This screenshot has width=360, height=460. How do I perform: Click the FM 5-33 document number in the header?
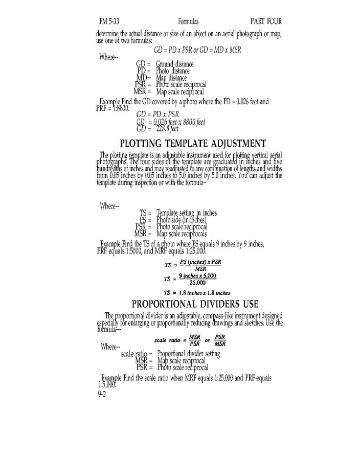tap(109, 21)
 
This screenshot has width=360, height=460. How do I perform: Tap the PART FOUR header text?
tap(266, 21)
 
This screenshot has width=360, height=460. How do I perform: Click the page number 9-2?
tap(102, 394)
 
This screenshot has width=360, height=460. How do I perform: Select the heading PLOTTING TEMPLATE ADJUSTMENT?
tap(193, 144)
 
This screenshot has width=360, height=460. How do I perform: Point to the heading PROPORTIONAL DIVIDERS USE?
tap(195, 304)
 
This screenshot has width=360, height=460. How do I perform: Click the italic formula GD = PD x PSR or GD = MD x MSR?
tap(197, 50)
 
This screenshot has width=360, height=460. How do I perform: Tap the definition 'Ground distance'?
tap(174, 64)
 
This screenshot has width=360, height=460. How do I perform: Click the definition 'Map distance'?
tap(171, 78)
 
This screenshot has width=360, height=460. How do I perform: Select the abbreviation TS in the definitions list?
tap(143, 213)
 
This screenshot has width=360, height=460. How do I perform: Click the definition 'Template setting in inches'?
tap(187, 213)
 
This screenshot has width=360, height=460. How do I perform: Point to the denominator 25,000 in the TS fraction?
tap(197, 283)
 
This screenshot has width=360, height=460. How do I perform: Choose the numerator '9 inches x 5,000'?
tap(197, 276)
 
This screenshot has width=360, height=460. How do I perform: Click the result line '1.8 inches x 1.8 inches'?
tap(205, 293)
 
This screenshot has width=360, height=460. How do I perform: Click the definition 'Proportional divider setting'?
tap(189, 354)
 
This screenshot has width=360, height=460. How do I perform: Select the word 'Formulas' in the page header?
tap(188, 21)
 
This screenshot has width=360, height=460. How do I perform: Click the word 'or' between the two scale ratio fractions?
tap(208, 340)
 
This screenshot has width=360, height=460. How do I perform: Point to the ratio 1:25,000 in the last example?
tap(223, 378)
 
